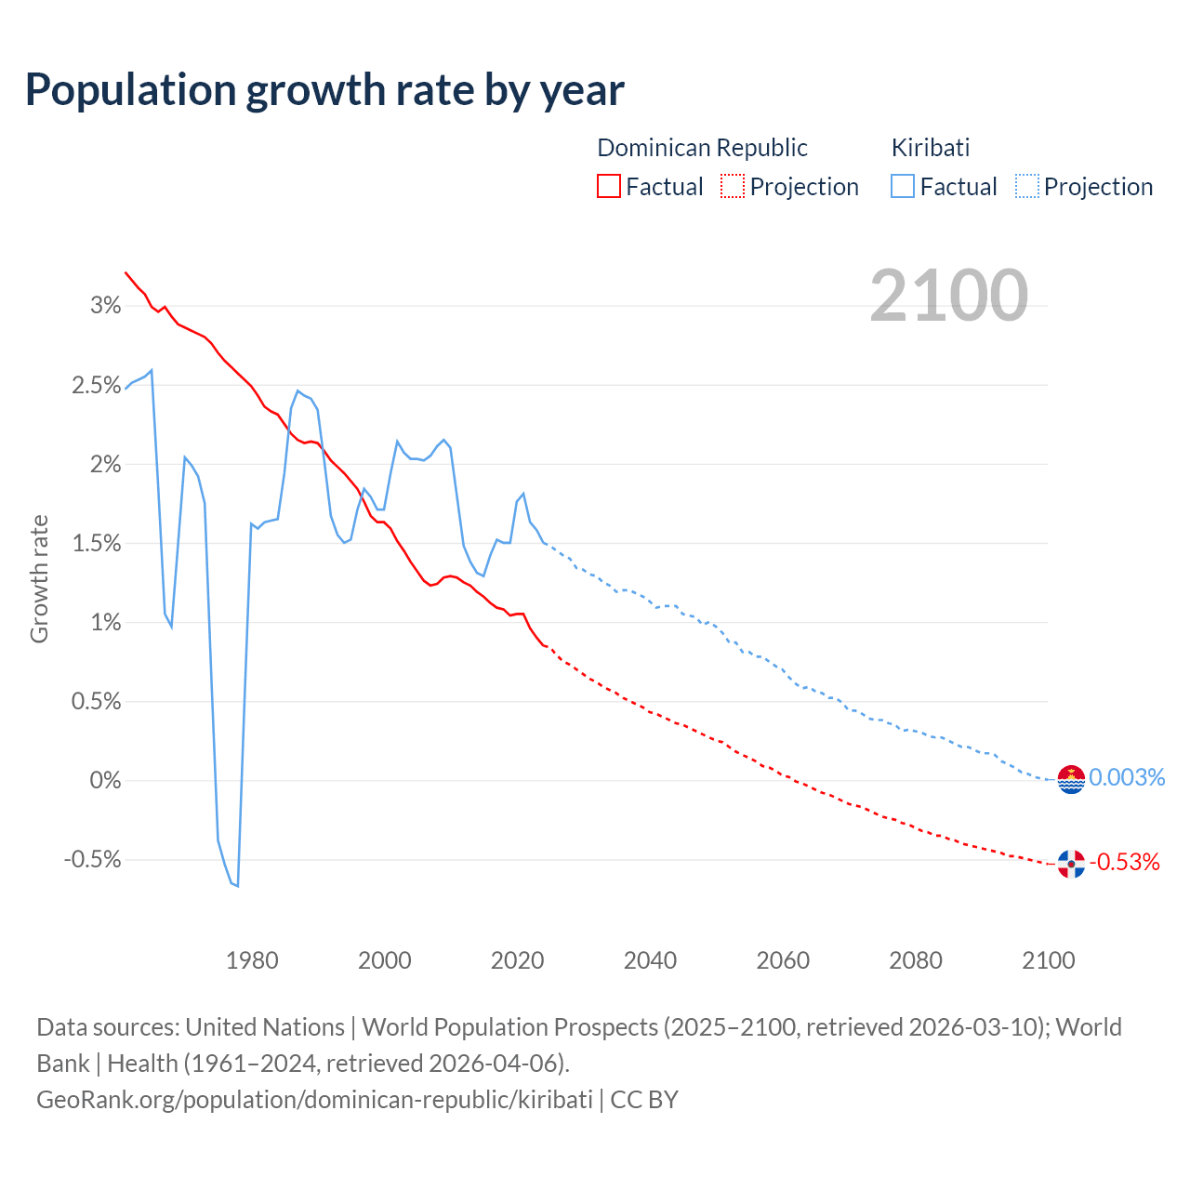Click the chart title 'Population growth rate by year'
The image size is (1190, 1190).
pyautogui.click(x=324, y=90)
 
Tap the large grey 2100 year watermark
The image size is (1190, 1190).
pyautogui.click(x=948, y=296)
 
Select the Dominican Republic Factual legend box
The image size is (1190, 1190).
pyautogui.click(x=608, y=187)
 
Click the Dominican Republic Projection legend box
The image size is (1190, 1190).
pyautogui.click(x=733, y=187)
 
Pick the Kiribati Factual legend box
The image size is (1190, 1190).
pyautogui.click(x=902, y=187)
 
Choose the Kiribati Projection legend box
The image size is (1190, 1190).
pyautogui.click(x=1026, y=187)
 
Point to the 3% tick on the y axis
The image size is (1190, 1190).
pyautogui.click(x=105, y=306)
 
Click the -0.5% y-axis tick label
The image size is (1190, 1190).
pyautogui.click(x=93, y=860)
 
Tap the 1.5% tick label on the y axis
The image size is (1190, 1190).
pyautogui.click(x=97, y=543)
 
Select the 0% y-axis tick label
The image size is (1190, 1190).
pyautogui.click(x=105, y=781)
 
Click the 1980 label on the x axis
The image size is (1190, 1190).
pyautogui.click(x=252, y=960)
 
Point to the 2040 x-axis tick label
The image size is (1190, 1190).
pyautogui.click(x=650, y=960)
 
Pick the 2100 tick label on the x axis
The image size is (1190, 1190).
pyautogui.click(x=1048, y=960)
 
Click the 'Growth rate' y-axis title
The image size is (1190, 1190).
pyautogui.click(x=39, y=578)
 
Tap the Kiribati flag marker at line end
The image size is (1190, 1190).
pyautogui.click(x=1071, y=779)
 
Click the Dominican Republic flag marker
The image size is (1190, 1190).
pyautogui.click(x=1071, y=865)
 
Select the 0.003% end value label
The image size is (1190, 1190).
pyautogui.click(x=1126, y=777)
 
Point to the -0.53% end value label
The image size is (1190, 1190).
pyautogui.click(x=1125, y=863)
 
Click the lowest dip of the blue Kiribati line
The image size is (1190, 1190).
pyautogui.click(x=238, y=886)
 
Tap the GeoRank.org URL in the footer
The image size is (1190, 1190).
pyautogui.click(x=314, y=1100)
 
